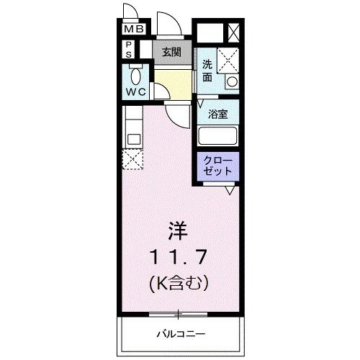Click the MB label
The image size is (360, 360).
pyautogui.click(x=133, y=30)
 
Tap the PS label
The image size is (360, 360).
pyautogui.click(x=129, y=49)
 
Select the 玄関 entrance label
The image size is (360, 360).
pyautogui.click(x=171, y=52)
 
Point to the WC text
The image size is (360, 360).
pyautogui.click(x=135, y=93)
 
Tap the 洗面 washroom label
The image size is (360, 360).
pyautogui.click(x=207, y=70)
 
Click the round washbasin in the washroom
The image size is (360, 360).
pyautogui.click(x=232, y=82)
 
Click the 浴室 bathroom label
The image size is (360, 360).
pyautogui.click(x=217, y=114)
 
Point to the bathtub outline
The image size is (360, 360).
pyautogui.click(x=218, y=136)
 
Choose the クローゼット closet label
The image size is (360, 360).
pyautogui.click(x=217, y=166)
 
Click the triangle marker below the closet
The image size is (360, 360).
pyautogui.click(x=229, y=190)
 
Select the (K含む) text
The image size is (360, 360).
pyautogui.click(x=179, y=283)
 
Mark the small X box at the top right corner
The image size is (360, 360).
pyautogui.click(x=233, y=33)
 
